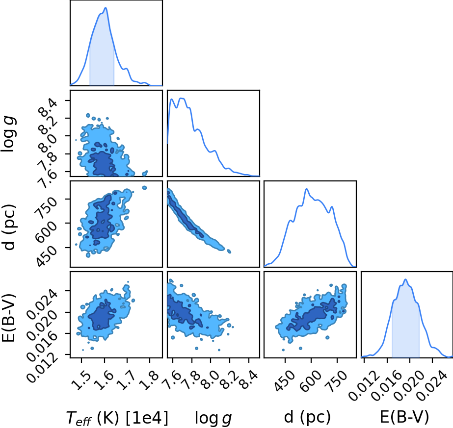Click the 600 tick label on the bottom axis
pyautogui.click(x=310, y=381)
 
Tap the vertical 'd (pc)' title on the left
pyautogui.click(x=9, y=227)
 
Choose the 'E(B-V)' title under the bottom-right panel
pyautogui.click(x=404, y=417)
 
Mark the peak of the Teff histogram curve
pyautogui.click(x=106, y=8)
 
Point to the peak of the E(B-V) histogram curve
pyautogui.click(x=405, y=279)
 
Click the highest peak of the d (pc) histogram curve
pyautogui.click(x=307, y=189)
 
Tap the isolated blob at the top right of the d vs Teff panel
pyautogui.click(x=144, y=188)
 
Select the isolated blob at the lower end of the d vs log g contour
pyautogui.click(x=229, y=252)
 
